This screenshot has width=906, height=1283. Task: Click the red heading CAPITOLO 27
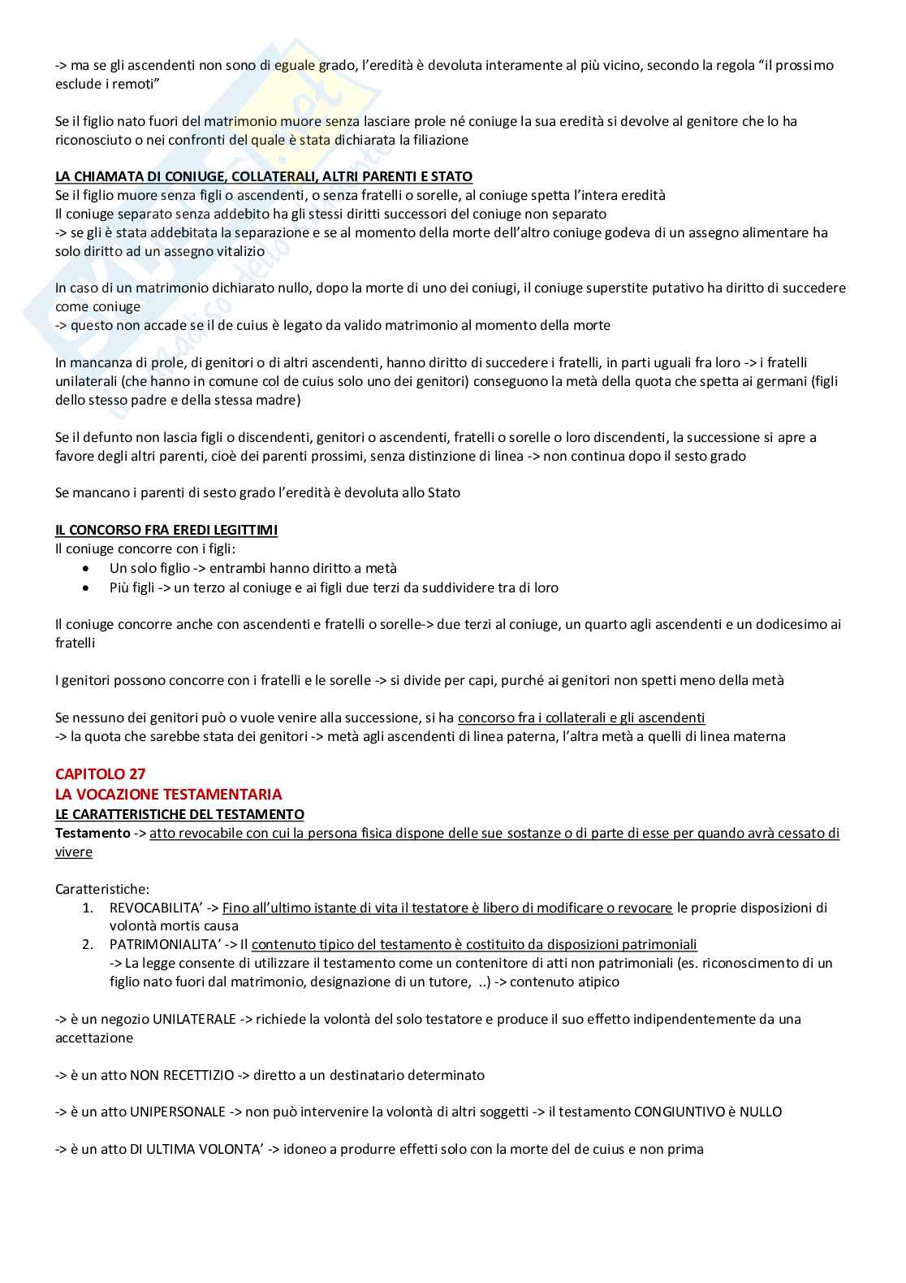pos(100,774)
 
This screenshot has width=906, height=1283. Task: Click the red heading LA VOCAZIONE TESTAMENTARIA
pos(168,794)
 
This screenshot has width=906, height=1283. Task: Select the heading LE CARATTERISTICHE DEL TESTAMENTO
pos(179,813)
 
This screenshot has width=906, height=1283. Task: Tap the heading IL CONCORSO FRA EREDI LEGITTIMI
pos(166,530)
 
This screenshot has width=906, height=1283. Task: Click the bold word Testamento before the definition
pos(92,833)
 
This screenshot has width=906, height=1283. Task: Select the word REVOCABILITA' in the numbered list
pos(153,908)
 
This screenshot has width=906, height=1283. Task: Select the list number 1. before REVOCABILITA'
pos(87,908)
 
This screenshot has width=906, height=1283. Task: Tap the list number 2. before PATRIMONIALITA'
pos(87,944)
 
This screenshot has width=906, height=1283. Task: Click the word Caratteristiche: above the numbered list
pos(102,889)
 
